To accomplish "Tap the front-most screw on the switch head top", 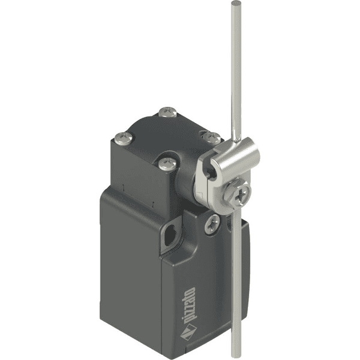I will (x=167, y=163).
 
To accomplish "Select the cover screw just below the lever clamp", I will (x=212, y=224).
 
